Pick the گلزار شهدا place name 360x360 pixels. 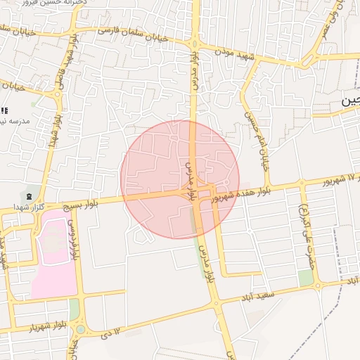[x=28, y=207]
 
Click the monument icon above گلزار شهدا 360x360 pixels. [x=29, y=195]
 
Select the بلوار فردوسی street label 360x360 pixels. [x=73, y=239]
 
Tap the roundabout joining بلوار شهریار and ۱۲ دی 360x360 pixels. [x=81, y=329]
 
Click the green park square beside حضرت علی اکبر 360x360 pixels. [x=305, y=278]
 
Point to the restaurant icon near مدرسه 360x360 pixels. [x=4, y=110]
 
